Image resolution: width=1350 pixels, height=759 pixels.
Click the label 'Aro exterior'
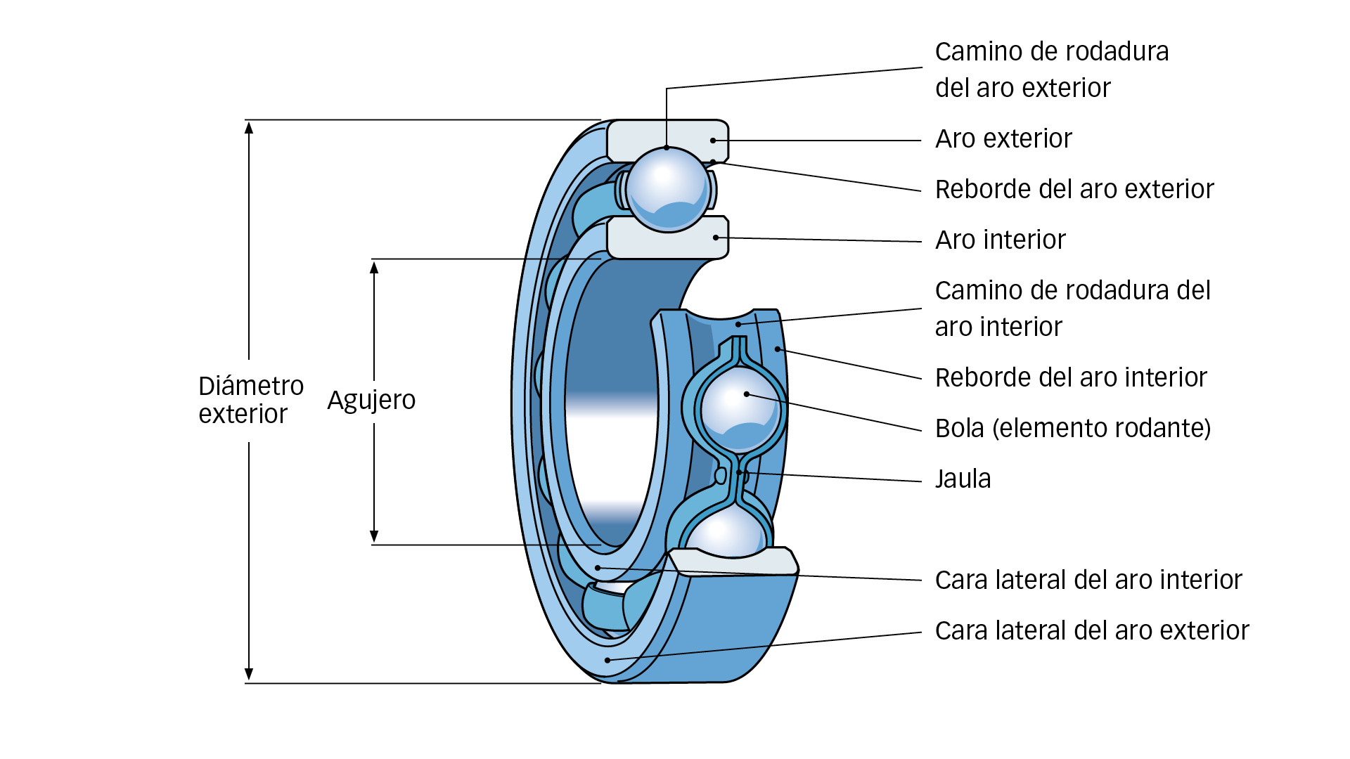coord(1003,139)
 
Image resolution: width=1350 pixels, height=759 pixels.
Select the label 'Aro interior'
coord(1000,240)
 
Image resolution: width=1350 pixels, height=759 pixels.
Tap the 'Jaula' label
coord(963,479)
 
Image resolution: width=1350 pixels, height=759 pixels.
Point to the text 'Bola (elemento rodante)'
coord(1072,429)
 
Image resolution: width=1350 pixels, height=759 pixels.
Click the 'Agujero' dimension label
coord(371,401)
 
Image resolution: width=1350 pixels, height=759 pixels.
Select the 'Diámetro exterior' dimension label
coord(250,400)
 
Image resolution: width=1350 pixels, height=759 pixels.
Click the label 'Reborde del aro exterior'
coord(1074,190)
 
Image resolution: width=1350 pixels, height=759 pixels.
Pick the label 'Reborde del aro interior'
coord(1070,378)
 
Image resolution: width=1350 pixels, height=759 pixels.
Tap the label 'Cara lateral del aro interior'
coord(1088,580)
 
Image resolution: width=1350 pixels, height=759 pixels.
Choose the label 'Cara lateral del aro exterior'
coord(1091,631)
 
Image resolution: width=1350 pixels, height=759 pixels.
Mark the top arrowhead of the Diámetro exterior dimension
coord(249,127)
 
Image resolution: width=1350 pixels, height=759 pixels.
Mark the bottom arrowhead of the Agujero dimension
coord(374,537)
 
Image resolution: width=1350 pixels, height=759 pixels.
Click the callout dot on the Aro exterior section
coord(713,141)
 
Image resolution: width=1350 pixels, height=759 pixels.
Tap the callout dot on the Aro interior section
coord(716,238)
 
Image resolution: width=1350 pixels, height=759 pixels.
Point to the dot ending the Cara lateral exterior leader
coord(607,661)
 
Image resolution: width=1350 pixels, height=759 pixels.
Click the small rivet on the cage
coord(720,476)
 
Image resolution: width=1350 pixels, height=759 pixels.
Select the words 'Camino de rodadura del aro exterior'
coord(1051,70)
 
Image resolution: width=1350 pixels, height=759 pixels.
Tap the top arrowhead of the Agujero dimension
coord(374,268)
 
